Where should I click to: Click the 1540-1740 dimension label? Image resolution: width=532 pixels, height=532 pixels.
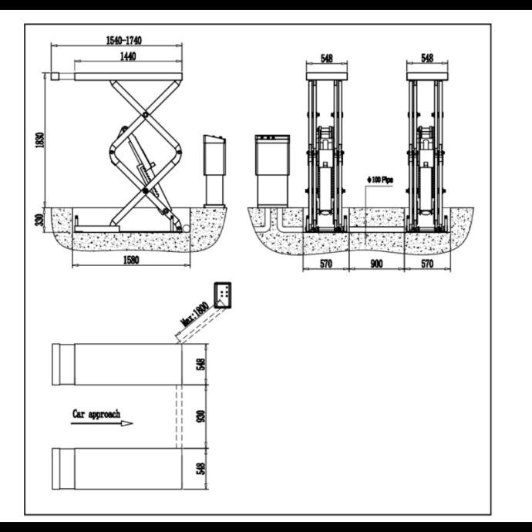(124, 40)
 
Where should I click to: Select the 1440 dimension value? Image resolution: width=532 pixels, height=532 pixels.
(128, 56)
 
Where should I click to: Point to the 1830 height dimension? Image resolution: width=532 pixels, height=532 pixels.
(40, 140)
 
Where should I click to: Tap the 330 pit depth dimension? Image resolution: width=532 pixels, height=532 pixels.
(40, 220)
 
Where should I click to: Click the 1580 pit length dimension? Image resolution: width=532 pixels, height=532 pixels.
(131, 260)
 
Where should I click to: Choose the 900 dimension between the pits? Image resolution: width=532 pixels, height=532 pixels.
(376, 264)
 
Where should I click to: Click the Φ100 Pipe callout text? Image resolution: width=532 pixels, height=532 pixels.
(380, 180)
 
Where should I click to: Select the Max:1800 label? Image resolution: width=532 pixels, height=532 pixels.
(194, 315)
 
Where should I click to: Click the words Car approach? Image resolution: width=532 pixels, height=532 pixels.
(96, 414)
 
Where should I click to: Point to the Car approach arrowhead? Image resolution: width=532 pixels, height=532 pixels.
(127, 423)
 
